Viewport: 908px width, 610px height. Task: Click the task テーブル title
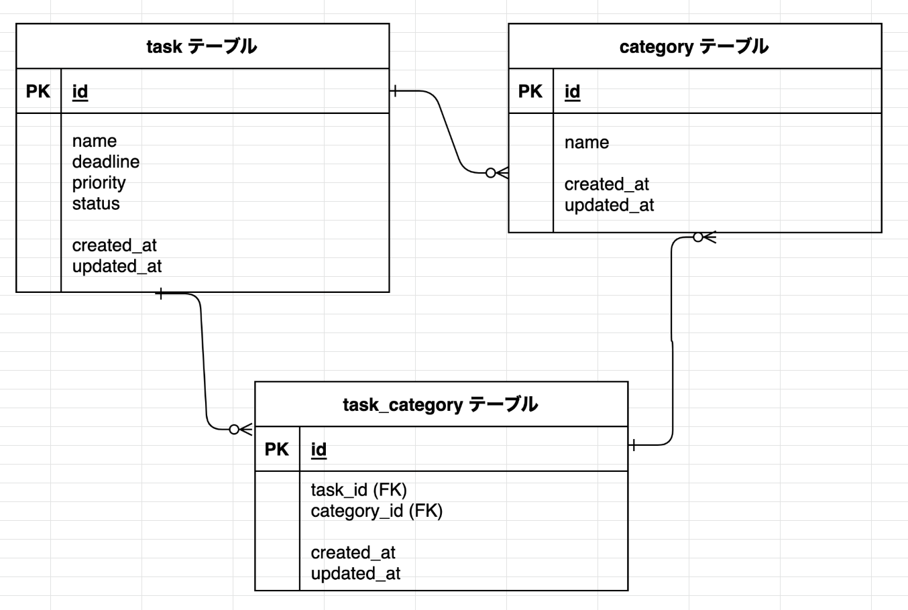pos(201,46)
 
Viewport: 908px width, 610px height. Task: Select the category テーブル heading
pos(693,46)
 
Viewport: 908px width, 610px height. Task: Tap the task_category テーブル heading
pos(440,404)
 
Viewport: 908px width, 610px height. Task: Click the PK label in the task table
pos(38,91)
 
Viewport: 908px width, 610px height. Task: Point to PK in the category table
pos(530,91)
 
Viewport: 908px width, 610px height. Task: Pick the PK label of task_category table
pos(277,449)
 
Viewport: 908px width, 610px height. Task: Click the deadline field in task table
pos(106,162)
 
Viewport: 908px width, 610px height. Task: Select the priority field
pos(99,182)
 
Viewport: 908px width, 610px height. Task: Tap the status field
pos(96,203)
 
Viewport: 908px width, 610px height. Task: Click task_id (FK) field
pos(359,490)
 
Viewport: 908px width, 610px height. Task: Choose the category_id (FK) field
pos(376,511)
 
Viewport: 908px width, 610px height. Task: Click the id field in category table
pos(572,91)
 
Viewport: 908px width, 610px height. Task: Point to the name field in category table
pos(586,142)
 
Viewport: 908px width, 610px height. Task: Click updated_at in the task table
pos(117,266)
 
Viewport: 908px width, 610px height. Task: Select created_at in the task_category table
pos(353,552)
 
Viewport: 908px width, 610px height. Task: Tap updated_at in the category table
pos(609,205)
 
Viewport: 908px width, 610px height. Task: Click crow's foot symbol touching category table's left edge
pos(498,173)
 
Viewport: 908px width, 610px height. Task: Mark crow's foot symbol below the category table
pos(704,237)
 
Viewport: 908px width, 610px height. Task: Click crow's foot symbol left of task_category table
pos(241,429)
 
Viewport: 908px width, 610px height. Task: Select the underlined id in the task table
pos(80,91)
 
